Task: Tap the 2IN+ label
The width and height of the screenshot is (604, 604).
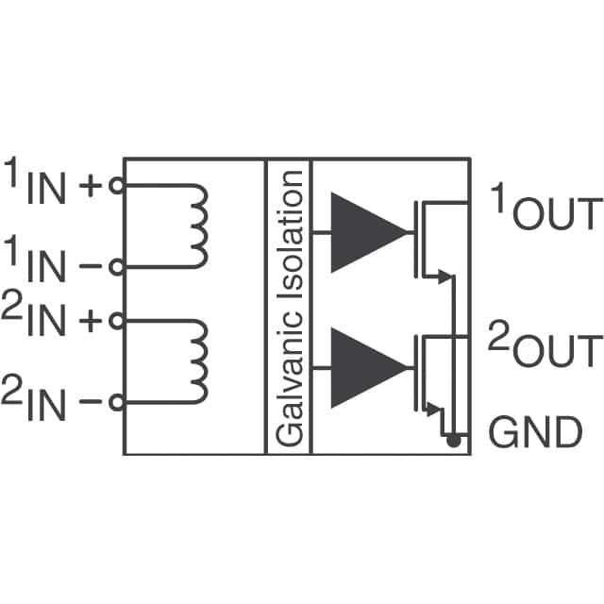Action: (x=52, y=320)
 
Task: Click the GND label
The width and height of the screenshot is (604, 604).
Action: (x=534, y=433)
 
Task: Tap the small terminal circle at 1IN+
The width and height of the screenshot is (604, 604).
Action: (x=116, y=185)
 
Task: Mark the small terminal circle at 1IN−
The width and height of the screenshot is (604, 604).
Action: (x=116, y=267)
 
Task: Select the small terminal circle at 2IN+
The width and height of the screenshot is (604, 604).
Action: (x=116, y=320)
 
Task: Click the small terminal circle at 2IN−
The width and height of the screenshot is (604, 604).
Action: (x=116, y=402)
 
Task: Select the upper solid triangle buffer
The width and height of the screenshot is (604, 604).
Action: (x=369, y=232)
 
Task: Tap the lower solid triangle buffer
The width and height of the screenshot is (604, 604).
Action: (x=369, y=367)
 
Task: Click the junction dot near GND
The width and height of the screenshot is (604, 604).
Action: (x=453, y=440)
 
